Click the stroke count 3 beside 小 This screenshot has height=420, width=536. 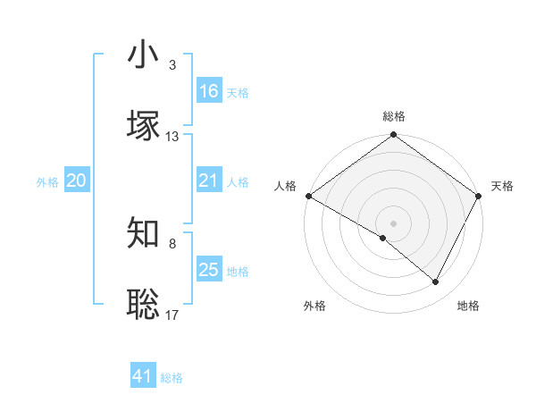click(172, 65)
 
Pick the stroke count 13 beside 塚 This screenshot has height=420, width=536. click(172, 137)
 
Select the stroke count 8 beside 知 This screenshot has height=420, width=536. click(172, 243)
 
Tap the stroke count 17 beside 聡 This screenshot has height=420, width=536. click(172, 314)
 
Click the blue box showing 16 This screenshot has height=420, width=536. click(208, 91)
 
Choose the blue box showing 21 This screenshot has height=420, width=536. click(208, 181)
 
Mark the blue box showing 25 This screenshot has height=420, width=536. click(208, 270)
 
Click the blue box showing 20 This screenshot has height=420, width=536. click(76, 181)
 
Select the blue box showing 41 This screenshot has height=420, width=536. click(143, 376)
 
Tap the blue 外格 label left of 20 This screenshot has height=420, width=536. click(47, 182)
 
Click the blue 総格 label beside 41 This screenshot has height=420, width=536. click(172, 378)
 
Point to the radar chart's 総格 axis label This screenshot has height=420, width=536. click(393, 117)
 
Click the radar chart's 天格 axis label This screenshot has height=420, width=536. click(502, 186)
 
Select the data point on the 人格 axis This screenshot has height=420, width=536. click(308, 196)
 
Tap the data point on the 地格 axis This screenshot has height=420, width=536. click(436, 281)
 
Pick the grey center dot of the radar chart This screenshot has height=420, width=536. click(393, 223)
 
